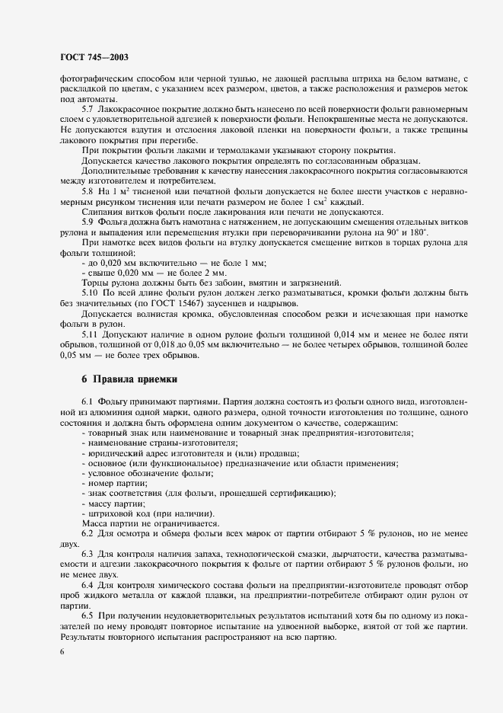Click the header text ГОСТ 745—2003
click(x=94, y=56)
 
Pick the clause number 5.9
click(x=88, y=221)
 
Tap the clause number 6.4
click(x=88, y=584)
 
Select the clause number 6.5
click(x=88, y=614)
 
